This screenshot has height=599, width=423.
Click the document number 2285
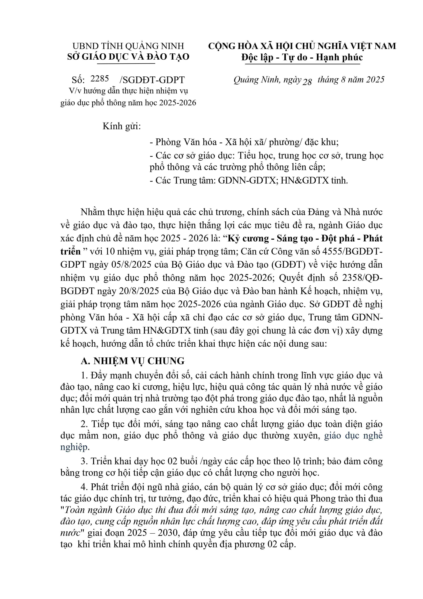click(100, 78)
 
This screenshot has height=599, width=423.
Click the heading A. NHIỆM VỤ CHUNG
click(133, 361)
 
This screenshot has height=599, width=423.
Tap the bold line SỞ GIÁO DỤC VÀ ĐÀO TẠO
click(128, 57)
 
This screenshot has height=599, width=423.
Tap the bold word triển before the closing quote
click(70, 251)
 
